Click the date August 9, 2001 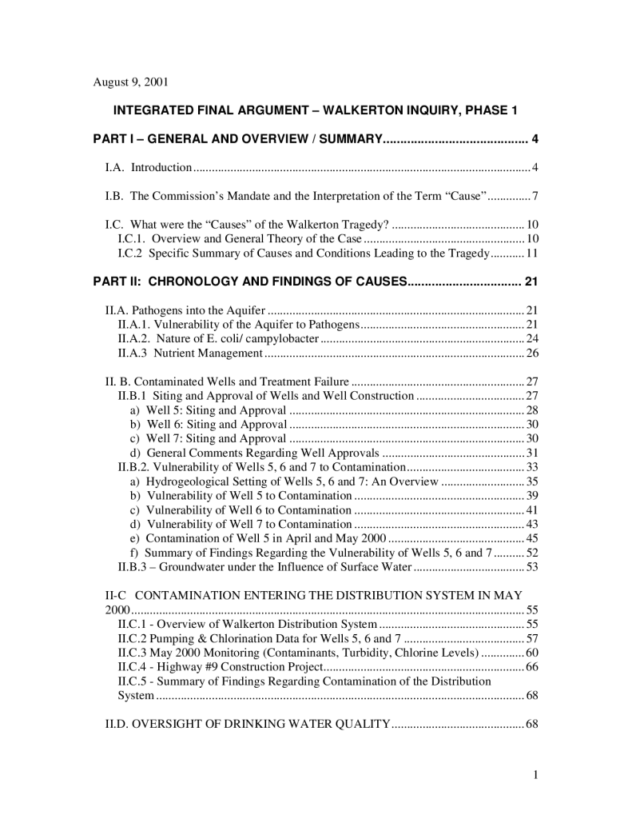[x=131, y=82]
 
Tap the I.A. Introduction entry [x=149, y=167]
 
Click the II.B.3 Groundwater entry [x=264, y=567]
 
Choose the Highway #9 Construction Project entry [x=220, y=666]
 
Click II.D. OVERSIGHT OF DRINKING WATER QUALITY [x=248, y=725]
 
